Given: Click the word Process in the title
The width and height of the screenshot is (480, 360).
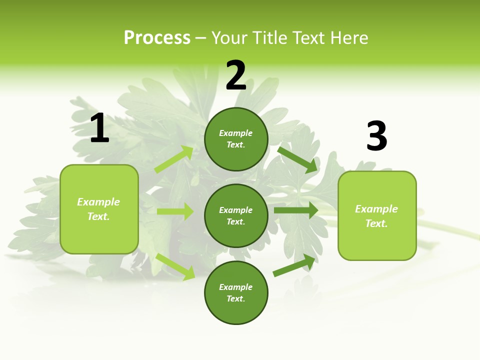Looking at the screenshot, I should pos(157,38).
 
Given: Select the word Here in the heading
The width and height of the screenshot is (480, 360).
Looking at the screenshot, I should pos(347,38).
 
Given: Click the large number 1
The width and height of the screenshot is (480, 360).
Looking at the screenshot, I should pos(99,128).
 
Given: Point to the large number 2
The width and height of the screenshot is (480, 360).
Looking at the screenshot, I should pos(236,75).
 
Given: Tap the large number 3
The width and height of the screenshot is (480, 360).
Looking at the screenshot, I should pos(376,136).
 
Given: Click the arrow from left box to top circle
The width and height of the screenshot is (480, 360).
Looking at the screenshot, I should pos(174,159).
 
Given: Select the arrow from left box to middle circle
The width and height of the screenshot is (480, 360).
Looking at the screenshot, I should pos(175,211).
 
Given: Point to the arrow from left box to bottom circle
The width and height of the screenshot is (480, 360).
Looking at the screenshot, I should pos(175,266).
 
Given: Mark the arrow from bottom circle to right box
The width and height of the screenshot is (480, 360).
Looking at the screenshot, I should pos(294,265).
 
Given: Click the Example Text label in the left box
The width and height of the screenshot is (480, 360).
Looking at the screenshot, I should pos(98,209).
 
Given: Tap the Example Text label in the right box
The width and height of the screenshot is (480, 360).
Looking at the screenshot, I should pos(376,216).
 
